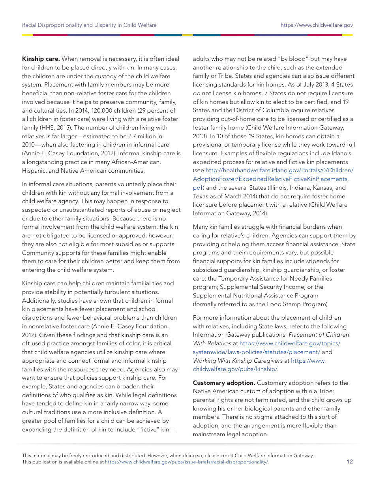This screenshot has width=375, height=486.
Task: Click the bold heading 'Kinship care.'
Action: click(x=41, y=59)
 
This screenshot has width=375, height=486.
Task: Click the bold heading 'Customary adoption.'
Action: click(x=224, y=382)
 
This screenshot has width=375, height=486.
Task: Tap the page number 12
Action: click(x=350, y=462)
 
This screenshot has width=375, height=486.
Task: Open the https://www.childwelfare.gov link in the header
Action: click(x=317, y=25)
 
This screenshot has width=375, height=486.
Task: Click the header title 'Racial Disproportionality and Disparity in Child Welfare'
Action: click(x=89, y=25)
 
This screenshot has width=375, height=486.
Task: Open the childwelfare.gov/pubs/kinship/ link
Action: click(x=235, y=369)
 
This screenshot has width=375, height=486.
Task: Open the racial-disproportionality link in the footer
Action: click(x=186, y=462)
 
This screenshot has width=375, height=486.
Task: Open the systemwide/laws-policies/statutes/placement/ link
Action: click(x=256, y=352)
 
